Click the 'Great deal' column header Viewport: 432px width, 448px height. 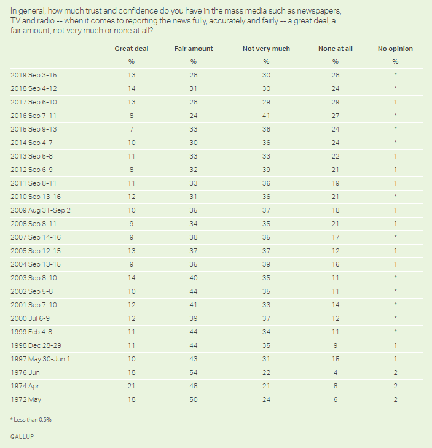[x=132, y=49]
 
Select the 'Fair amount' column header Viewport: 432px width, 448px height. [x=193, y=49]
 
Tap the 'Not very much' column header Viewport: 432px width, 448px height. [x=266, y=49]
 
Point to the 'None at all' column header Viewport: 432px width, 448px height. [x=335, y=49]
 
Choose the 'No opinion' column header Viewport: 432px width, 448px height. [x=395, y=49]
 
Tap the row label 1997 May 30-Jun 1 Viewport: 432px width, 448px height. [x=41, y=358]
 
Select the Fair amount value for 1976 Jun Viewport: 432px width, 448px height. [x=193, y=373]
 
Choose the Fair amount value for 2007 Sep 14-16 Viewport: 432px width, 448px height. [x=193, y=237]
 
